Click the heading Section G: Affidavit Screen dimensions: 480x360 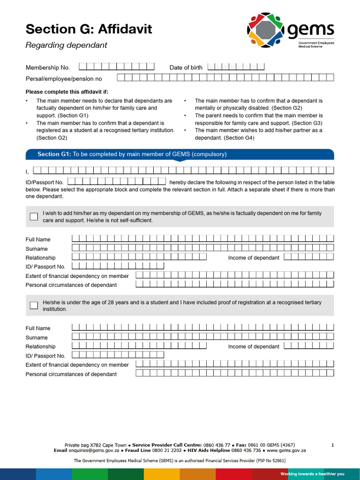click(89, 29)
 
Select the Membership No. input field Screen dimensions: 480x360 click(117, 67)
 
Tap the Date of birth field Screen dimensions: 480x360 click(236, 67)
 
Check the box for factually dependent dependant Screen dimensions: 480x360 click(34, 217)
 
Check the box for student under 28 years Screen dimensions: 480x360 click(34, 305)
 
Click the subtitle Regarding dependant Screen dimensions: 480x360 click(66, 45)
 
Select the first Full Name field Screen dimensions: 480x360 click(202, 239)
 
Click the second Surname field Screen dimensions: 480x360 click(202, 337)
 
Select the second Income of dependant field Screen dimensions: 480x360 click(309, 345)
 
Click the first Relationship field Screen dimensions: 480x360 click(139, 257)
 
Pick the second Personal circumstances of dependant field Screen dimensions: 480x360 click(235, 373)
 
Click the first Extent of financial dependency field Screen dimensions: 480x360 click(235, 275)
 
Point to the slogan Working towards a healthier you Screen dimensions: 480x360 click(312, 474)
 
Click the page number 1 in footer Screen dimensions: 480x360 click(332, 445)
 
